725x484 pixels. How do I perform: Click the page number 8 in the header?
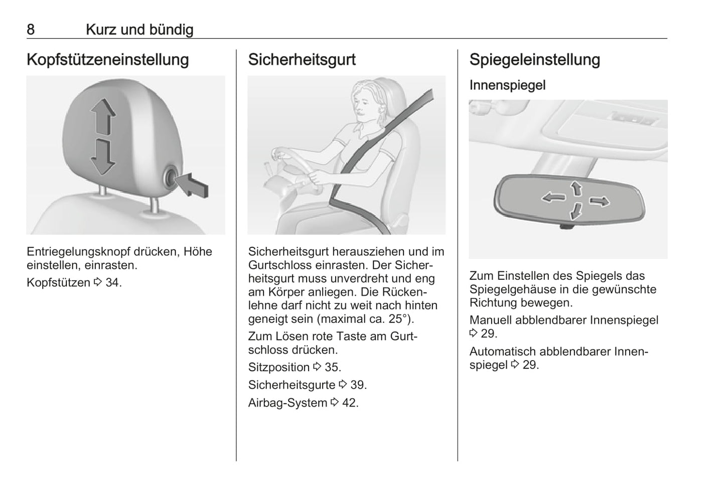click(x=31, y=30)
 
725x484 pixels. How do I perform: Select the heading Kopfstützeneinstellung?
click(x=108, y=60)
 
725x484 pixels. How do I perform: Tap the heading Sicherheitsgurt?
click(x=302, y=60)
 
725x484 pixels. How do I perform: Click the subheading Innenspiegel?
click(x=507, y=85)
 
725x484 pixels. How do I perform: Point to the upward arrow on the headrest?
click(x=103, y=117)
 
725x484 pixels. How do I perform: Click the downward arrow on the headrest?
click(x=103, y=157)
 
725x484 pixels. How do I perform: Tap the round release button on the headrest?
click(x=171, y=177)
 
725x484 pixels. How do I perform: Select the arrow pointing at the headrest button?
click(x=192, y=186)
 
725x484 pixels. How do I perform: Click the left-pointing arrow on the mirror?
click(x=554, y=197)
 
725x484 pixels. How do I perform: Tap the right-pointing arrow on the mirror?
click(x=600, y=202)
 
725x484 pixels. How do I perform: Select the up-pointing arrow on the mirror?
click(x=576, y=188)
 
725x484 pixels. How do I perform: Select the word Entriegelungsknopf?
click(x=79, y=252)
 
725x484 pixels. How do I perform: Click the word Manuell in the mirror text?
click(x=491, y=320)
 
